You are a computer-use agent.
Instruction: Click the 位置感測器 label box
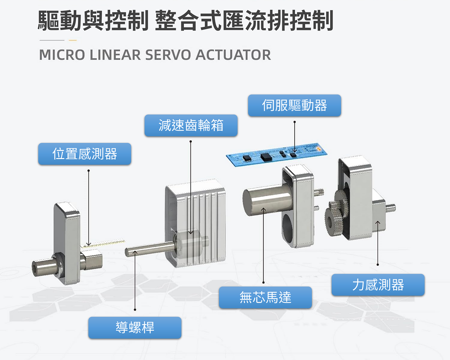85,154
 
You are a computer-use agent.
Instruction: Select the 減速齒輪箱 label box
191,125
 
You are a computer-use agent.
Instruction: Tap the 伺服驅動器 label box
294,105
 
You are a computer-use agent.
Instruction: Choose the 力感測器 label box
378,285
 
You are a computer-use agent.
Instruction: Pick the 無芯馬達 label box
265,297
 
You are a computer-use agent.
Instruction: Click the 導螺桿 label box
135,328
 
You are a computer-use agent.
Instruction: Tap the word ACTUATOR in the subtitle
233,55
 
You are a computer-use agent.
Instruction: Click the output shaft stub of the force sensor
391,208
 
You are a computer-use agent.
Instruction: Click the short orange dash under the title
73,40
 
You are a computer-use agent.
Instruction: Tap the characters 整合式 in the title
188,21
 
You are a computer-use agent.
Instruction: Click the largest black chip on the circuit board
266,157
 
